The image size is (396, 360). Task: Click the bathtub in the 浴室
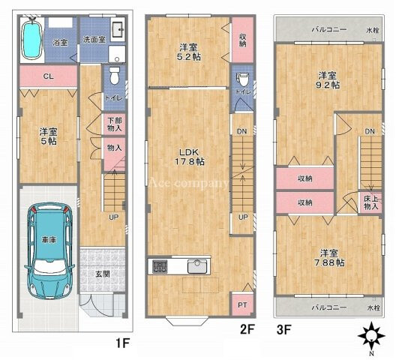pyautogui.click(x=31, y=40)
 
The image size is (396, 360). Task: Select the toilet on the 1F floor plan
pyautogui.click(x=115, y=75)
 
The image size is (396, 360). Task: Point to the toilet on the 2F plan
pyautogui.click(x=243, y=79)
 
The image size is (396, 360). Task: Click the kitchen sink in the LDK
pyautogui.click(x=197, y=266)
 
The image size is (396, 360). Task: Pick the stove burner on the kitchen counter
pyautogui.click(x=160, y=266)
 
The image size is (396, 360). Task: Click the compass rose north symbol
pyautogui.click(x=371, y=337)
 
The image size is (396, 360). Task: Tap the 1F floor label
pyautogui.click(x=123, y=343)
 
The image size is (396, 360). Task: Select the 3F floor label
pyautogui.click(x=283, y=329)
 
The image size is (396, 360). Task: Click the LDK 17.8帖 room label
pyautogui.click(x=190, y=157)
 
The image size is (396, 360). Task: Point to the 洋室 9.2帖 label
pyautogui.click(x=328, y=80)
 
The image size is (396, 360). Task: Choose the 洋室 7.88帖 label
pyautogui.click(x=329, y=258)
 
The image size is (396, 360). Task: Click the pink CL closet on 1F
pyautogui.click(x=48, y=76)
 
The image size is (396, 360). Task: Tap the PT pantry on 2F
pyautogui.click(x=242, y=304)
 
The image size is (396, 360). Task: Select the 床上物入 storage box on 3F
pyautogui.click(x=370, y=202)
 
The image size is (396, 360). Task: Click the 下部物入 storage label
pyautogui.click(x=115, y=124)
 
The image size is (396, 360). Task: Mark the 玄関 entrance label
pyautogui.click(x=102, y=274)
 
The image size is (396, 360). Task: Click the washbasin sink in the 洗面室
pyautogui.click(x=118, y=29)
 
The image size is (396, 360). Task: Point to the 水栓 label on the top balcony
pyautogui.click(x=373, y=31)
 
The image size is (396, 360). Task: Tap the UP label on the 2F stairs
pyautogui.click(x=243, y=217)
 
